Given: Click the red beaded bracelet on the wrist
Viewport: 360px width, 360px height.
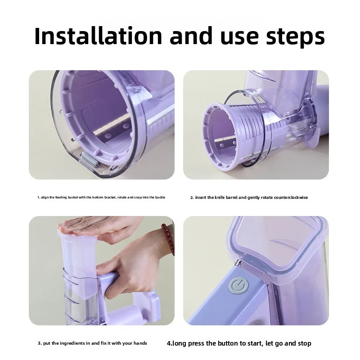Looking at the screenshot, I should click(167, 238).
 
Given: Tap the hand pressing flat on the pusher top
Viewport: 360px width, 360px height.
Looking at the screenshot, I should click(90, 225).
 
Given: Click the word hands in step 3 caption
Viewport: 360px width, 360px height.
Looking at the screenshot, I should click(140, 343).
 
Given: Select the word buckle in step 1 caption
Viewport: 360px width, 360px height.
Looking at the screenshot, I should click(160, 198).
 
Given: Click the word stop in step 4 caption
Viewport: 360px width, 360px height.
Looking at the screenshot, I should click(304, 343).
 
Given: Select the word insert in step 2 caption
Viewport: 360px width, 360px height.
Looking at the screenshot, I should click(201, 198).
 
